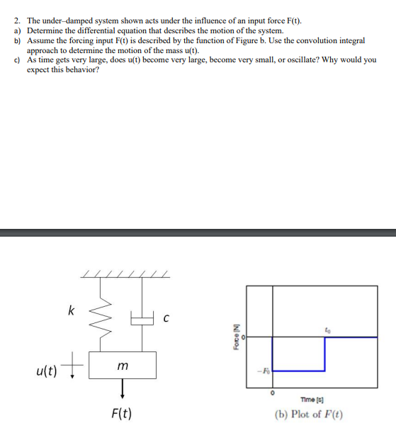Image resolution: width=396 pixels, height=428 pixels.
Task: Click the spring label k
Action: point(69,310)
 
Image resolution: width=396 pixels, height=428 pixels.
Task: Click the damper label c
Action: point(166,319)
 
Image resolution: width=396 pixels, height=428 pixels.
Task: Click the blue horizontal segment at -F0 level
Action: point(298,371)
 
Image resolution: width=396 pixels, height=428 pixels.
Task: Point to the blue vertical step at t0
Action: point(324,354)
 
